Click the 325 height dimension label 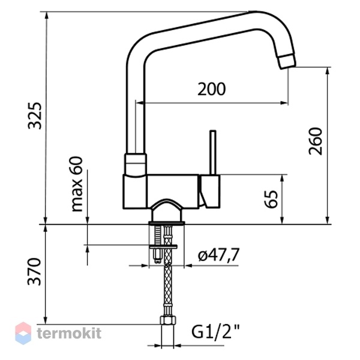[35, 116]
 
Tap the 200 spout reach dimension [211, 89]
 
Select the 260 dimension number [316, 141]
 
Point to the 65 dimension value [271, 199]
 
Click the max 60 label [77, 184]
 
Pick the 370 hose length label [34, 272]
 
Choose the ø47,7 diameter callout [219, 254]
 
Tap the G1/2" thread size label [215, 332]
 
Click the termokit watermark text [69, 333]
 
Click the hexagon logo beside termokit [23, 333]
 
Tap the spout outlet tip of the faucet [287, 61]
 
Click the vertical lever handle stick [213, 152]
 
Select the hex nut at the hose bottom [168, 320]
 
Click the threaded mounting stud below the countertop [158, 245]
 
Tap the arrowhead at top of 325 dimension [47, 16]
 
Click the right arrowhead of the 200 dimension [284, 103]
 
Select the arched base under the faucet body [166, 210]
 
